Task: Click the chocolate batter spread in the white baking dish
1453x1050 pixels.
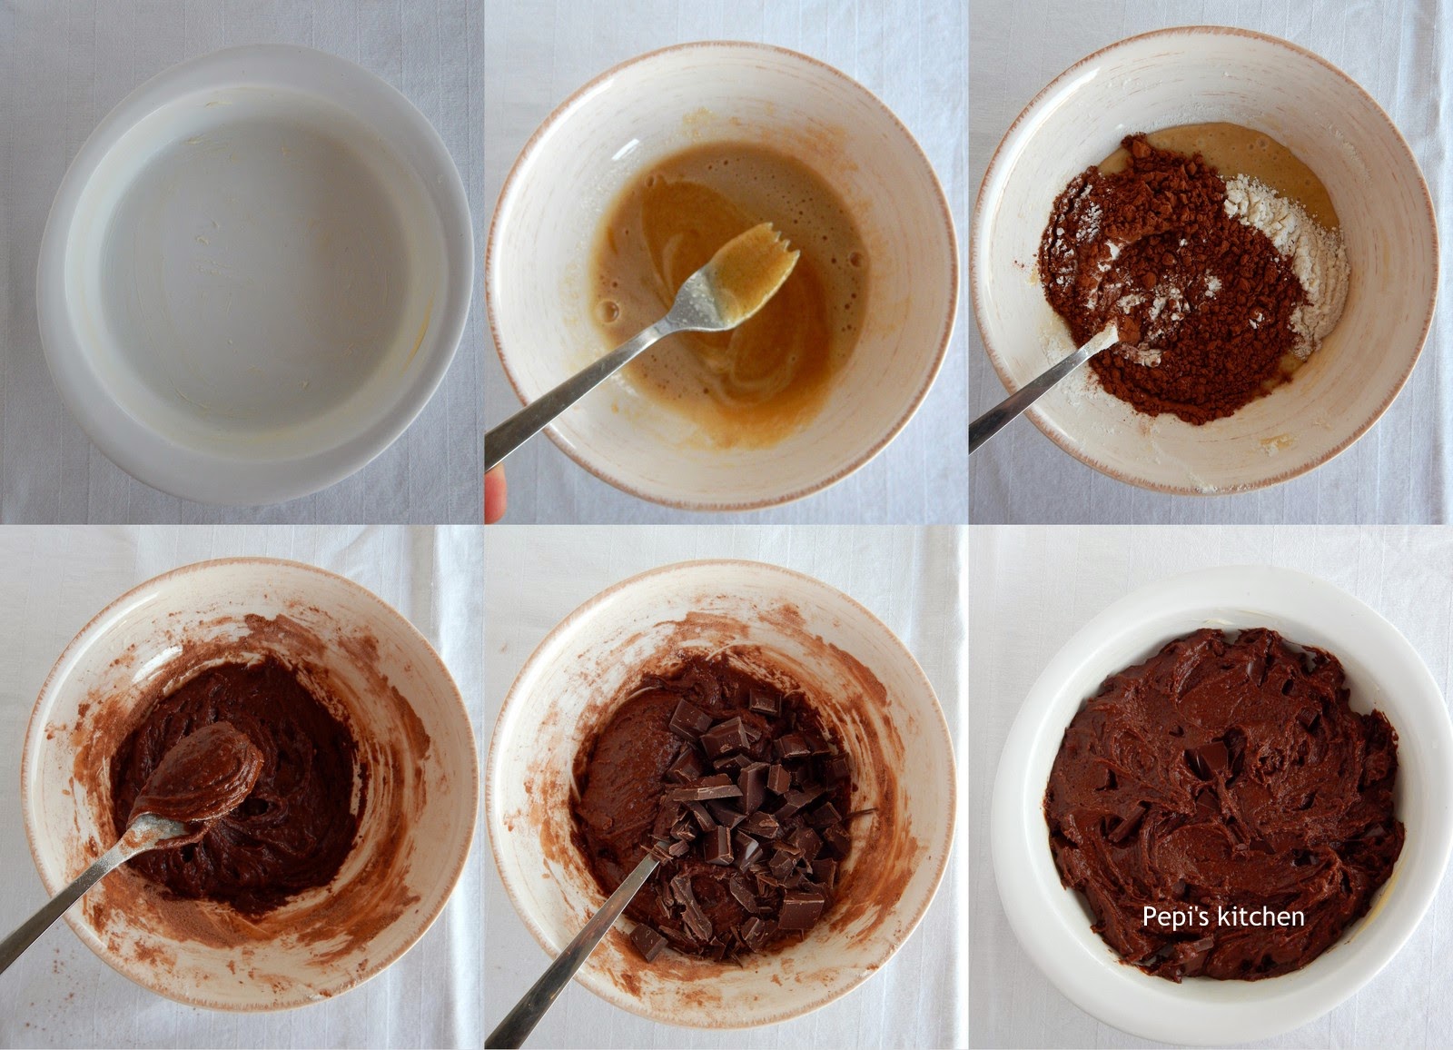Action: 1222,801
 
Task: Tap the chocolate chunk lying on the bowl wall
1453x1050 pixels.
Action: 648,942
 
